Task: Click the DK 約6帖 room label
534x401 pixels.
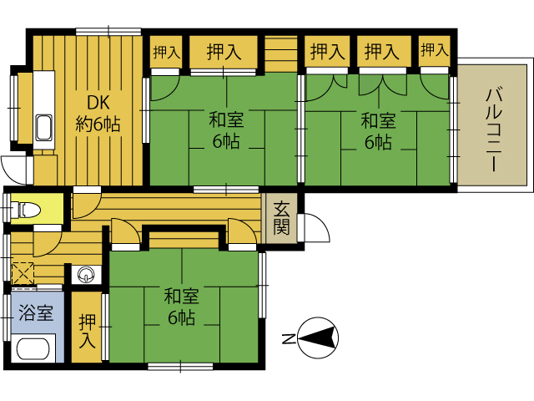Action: tap(98, 113)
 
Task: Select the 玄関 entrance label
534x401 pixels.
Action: tap(282, 218)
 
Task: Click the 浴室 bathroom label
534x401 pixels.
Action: tap(36, 312)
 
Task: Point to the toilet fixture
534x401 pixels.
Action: tap(25, 210)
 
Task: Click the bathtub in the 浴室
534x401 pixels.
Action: tap(33, 348)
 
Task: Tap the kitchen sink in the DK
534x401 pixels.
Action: tap(44, 127)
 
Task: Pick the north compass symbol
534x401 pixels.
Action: tap(318, 338)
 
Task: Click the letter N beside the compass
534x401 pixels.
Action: tap(288, 338)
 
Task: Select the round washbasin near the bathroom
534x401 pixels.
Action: tap(86, 275)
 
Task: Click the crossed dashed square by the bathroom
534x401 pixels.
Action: tap(23, 273)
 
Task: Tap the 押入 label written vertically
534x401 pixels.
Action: tap(87, 331)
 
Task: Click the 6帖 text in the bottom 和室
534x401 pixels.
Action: tap(181, 317)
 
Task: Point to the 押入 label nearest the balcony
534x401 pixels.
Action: tap(435, 50)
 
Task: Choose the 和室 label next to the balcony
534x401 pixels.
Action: tap(378, 120)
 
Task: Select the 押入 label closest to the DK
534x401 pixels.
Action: tap(166, 52)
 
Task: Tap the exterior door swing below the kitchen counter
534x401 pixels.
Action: tap(13, 170)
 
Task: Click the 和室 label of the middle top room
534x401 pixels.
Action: tap(226, 120)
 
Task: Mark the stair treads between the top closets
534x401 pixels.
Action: tap(280, 53)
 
